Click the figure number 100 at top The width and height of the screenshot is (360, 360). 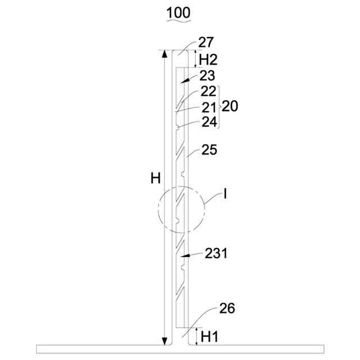[178, 12]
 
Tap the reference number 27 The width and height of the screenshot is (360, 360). [206, 43]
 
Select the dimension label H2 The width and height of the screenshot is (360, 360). [208, 60]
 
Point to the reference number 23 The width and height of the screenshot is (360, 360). [207, 75]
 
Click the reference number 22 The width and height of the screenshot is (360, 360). [209, 91]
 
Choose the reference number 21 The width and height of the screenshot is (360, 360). [209, 107]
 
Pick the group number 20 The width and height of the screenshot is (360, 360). [230, 106]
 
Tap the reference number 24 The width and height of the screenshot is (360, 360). [209, 122]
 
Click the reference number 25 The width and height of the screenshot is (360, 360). [209, 150]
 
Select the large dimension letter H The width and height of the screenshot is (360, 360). [155, 178]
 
